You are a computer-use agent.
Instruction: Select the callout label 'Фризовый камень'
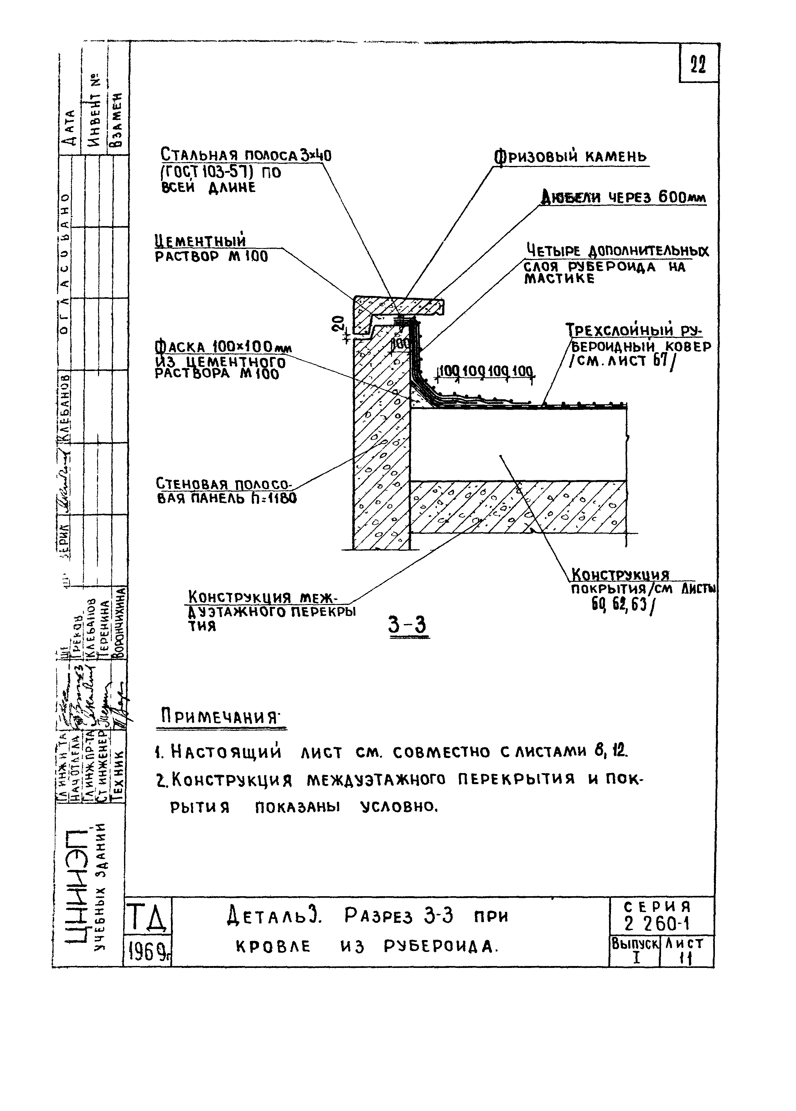570,157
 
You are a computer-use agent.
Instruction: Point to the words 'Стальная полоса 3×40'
246,156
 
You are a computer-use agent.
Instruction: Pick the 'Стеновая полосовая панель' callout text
226,491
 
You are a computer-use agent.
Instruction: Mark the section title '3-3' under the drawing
408,625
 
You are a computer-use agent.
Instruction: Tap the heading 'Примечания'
223,718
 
